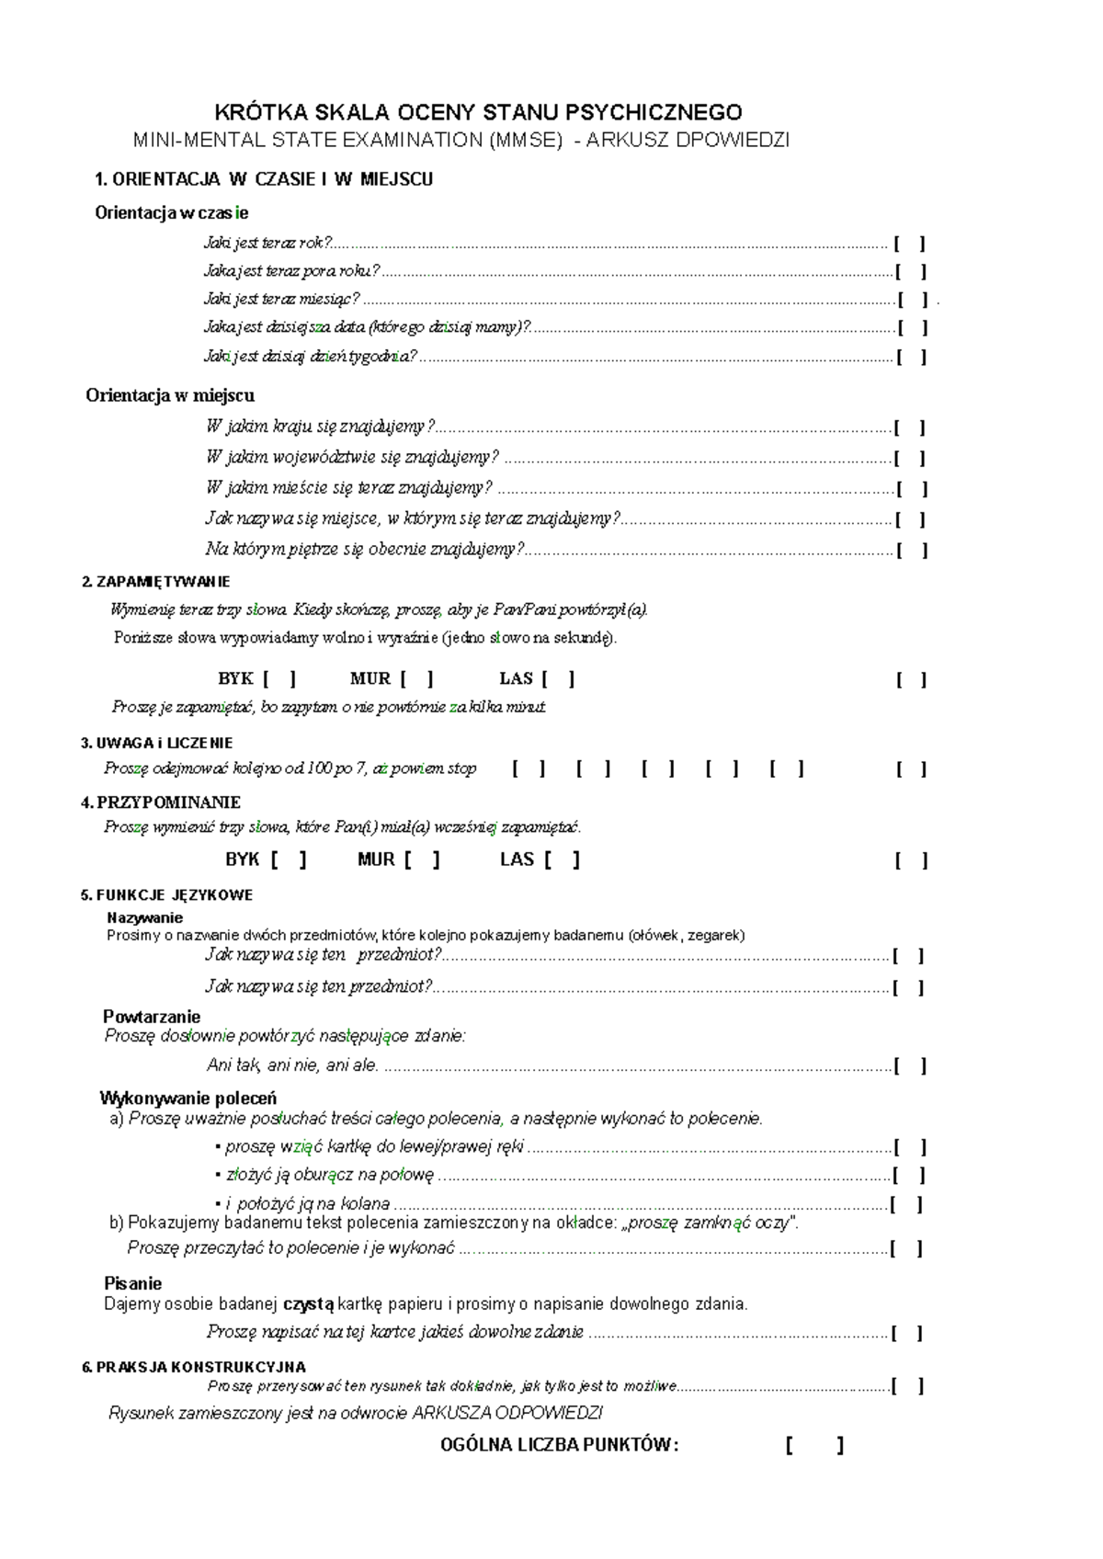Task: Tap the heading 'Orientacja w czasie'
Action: tap(171, 213)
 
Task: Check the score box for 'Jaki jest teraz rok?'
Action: tap(909, 244)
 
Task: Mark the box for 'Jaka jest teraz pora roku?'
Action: tap(910, 271)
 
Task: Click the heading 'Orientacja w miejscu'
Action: tap(170, 395)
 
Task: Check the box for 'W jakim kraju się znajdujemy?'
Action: tap(909, 427)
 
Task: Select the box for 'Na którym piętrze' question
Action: tap(912, 551)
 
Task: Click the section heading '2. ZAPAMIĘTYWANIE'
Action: tap(156, 582)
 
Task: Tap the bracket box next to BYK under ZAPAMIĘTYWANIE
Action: tap(279, 679)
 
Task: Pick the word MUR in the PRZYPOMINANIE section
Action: tap(376, 859)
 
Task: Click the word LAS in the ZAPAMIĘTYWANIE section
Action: tap(516, 679)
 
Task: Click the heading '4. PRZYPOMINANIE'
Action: tap(161, 802)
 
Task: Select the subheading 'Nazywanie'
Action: tap(144, 917)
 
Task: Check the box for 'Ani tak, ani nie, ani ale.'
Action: tap(910, 1066)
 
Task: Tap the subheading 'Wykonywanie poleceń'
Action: tap(188, 1098)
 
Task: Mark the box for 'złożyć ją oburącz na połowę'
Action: tap(909, 1176)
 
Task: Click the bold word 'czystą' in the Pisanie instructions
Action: tap(309, 1303)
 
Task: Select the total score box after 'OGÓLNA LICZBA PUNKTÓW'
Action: tap(814, 1446)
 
